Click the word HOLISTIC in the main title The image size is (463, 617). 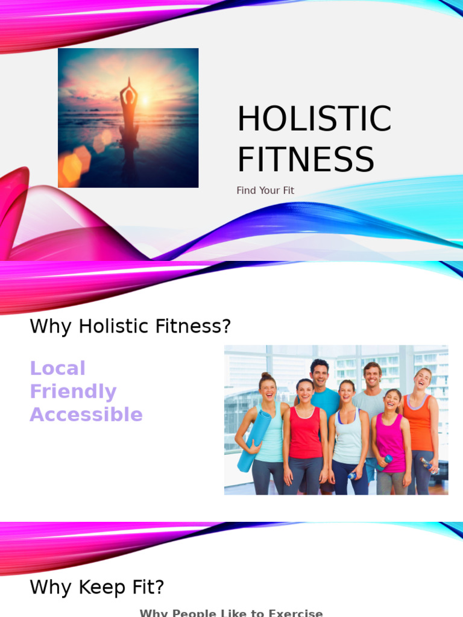coord(313,119)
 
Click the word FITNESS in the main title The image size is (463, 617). coord(305,160)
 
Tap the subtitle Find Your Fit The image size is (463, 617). coord(265,190)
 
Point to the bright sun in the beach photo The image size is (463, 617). coord(145,101)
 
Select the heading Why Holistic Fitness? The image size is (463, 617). coord(130,327)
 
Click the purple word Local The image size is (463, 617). coord(58,368)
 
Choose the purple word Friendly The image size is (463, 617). coord(73,392)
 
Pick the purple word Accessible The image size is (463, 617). coord(86,415)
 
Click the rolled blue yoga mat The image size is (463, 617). coord(250,440)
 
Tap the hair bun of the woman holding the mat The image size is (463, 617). coord(265,376)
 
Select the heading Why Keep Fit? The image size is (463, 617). coord(97,587)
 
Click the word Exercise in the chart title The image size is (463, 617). coord(295,613)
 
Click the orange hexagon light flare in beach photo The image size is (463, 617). coord(72,169)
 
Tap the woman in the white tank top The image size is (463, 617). coord(347,434)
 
